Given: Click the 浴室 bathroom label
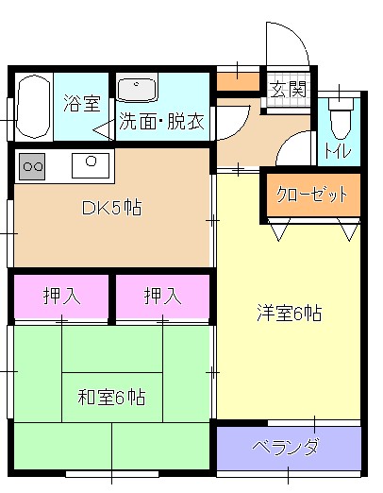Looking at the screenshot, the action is pyautogui.click(x=82, y=103).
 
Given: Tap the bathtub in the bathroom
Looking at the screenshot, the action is pyautogui.click(x=34, y=107).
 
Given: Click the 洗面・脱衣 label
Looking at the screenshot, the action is pyautogui.click(x=161, y=121).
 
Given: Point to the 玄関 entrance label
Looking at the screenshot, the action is pyautogui.click(x=289, y=89).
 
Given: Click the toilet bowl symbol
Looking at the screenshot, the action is pyautogui.click(x=341, y=119).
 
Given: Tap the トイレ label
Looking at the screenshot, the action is pyautogui.click(x=338, y=150).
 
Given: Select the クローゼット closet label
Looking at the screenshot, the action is pyautogui.click(x=312, y=195).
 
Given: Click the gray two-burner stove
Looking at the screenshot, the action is pyautogui.click(x=32, y=166).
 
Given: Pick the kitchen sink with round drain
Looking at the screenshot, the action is pyautogui.click(x=91, y=165).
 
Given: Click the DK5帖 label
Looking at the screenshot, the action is pyautogui.click(x=111, y=208).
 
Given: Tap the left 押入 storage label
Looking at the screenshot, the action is pyautogui.click(x=61, y=296).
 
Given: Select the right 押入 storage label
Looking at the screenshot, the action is pyautogui.click(x=162, y=296).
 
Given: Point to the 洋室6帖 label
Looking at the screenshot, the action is pyautogui.click(x=289, y=313).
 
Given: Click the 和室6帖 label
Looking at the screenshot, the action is pyautogui.click(x=111, y=397).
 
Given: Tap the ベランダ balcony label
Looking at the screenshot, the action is pyautogui.click(x=285, y=447).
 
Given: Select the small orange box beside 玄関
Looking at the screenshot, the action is pyautogui.click(x=238, y=81).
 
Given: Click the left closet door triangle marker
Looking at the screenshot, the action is pyautogui.click(x=279, y=229).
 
